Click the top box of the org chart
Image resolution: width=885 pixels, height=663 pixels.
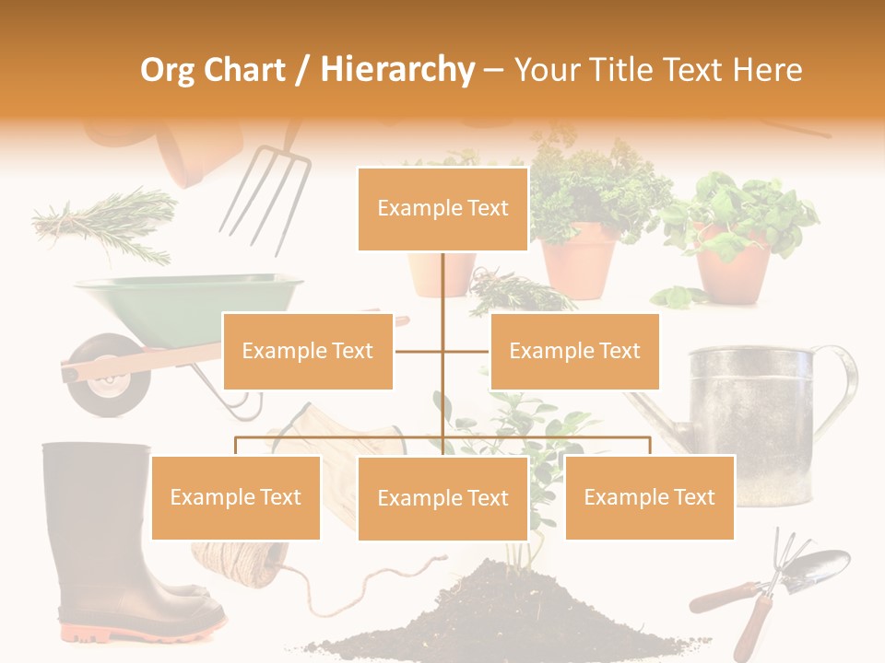click(x=442, y=209)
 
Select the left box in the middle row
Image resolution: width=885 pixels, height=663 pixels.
click(x=308, y=351)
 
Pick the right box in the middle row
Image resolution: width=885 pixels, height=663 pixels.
click(x=574, y=351)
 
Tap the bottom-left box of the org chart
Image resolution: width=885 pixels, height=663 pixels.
click(x=236, y=497)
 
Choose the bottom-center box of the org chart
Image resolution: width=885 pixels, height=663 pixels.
click(x=442, y=498)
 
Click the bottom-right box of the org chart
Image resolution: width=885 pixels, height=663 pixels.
click(x=649, y=497)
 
